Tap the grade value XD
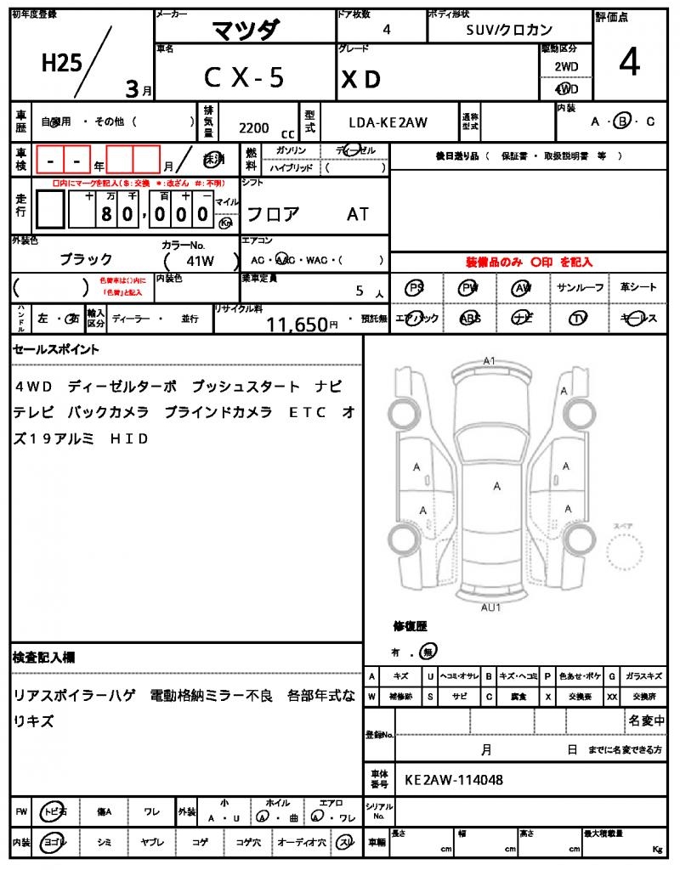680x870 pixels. coord(360,79)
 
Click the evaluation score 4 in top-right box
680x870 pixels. coord(629,64)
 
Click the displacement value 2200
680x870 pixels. coord(254,127)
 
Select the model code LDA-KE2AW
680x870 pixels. coord(388,122)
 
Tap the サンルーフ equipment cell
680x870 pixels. coord(580,288)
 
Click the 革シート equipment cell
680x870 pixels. coord(637,288)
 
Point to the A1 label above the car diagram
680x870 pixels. coord(489,361)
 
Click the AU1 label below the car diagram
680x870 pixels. coord(490,607)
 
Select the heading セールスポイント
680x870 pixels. coord(56,349)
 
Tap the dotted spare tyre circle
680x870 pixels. coord(626,554)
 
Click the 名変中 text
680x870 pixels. coord(646,720)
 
